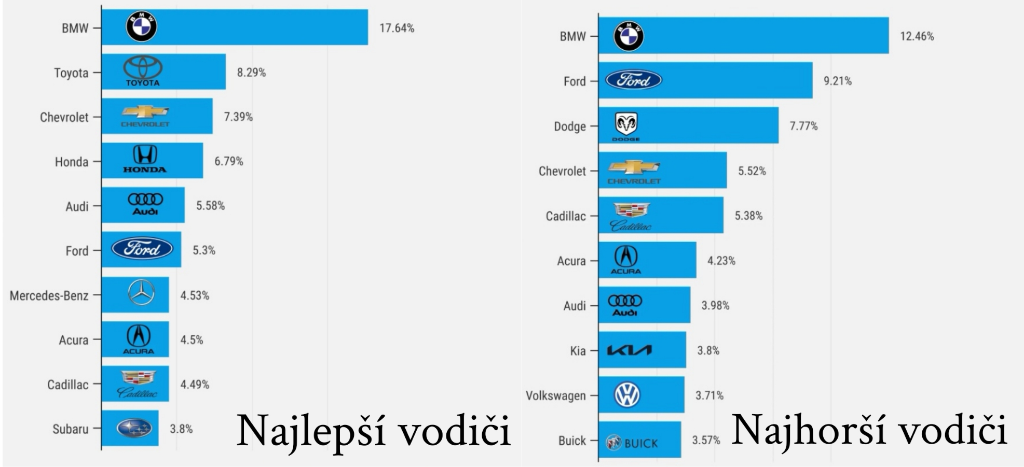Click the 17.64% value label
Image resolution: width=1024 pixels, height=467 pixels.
[397, 28]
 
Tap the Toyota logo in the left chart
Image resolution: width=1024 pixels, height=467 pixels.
[143, 71]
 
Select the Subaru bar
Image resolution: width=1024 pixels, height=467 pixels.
[130, 428]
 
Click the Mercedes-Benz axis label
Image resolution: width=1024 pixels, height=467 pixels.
[49, 295]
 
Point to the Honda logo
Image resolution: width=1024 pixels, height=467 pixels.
[145, 159]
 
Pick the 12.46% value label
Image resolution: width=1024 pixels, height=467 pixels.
[917, 36]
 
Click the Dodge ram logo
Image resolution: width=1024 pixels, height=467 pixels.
[626, 126]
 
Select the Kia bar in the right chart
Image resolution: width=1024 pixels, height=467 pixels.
[641, 350]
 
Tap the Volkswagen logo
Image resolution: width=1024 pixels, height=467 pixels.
[627, 395]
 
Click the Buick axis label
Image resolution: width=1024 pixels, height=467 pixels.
[572, 441]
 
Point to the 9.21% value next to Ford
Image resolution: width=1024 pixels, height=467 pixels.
[837, 81]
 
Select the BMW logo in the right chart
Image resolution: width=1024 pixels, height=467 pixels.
[629, 36]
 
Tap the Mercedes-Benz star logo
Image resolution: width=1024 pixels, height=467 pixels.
[141, 293]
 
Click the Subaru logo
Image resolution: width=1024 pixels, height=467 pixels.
[134, 428]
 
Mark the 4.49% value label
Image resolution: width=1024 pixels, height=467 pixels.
[195, 385]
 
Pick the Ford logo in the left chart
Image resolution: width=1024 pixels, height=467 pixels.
[142, 249]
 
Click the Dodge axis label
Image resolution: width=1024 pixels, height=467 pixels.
[569, 126]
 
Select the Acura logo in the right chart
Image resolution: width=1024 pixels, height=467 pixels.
[626, 260]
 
